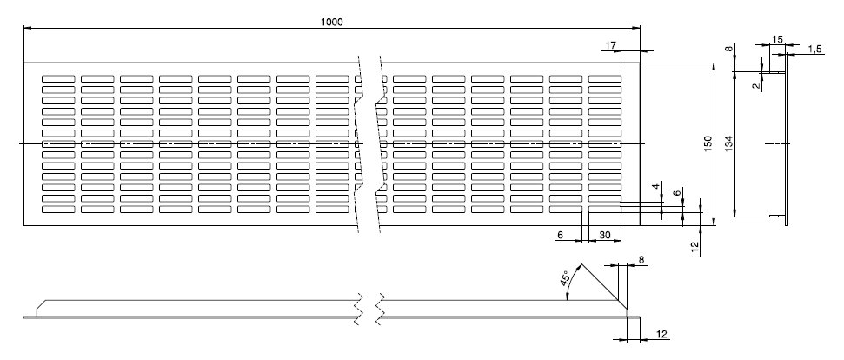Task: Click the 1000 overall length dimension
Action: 331,21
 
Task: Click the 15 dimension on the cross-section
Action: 777,39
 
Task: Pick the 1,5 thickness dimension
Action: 814,50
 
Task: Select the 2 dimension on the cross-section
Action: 756,85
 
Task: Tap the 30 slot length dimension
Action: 604,236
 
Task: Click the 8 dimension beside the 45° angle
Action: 641,259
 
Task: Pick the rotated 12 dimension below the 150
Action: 694,246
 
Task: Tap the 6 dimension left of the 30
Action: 560,236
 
